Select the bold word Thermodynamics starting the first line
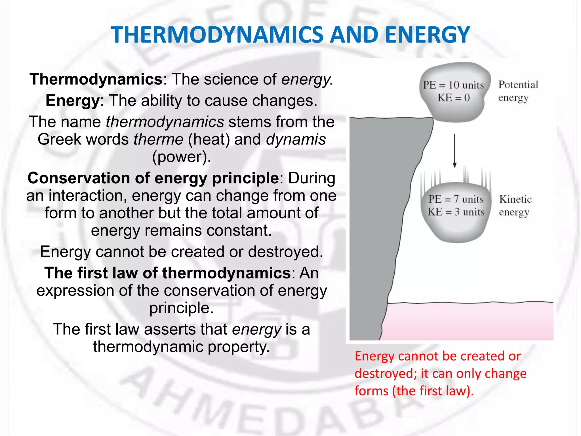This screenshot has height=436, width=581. pyautogui.click(x=96, y=79)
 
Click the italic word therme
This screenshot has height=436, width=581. pyautogui.click(x=158, y=139)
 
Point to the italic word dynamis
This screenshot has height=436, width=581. pyautogui.click(x=296, y=139)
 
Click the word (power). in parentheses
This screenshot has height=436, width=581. pyautogui.click(x=182, y=157)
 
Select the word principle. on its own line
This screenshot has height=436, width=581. pyautogui.click(x=182, y=308)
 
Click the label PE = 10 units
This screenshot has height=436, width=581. pyautogui.click(x=453, y=85)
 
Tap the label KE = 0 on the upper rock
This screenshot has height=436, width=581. pyautogui.click(x=453, y=98)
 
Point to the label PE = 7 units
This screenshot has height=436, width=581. pyautogui.click(x=456, y=199)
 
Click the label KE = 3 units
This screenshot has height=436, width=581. pyautogui.click(x=456, y=212)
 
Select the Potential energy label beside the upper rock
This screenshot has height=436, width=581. pyautogui.click(x=518, y=91)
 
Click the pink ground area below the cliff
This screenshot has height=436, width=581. pyautogui.click(x=468, y=322)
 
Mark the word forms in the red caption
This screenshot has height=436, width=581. pyautogui.click(x=371, y=391)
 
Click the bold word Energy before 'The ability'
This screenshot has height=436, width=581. pyautogui.click(x=72, y=100)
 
